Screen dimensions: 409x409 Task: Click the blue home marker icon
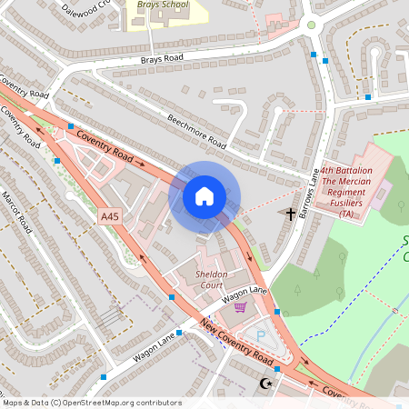tap(204, 196)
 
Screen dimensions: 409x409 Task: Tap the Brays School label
tap(163, 5)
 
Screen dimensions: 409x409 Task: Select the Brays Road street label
tap(162, 59)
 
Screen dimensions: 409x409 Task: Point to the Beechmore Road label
tap(196, 131)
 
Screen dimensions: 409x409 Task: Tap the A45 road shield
tap(110, 216)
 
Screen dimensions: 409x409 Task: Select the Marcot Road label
tap(16, 211)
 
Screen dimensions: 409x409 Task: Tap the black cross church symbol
tap(291, 214)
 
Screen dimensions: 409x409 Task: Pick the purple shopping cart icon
tap(240, 307)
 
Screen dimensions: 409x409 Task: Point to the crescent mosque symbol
tap(267, 384)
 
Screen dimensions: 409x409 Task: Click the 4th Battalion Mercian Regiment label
tap(345, 193)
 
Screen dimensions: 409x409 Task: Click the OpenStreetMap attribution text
tap(92, 402)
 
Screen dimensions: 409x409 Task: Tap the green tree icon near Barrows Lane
tap(338, 293)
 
